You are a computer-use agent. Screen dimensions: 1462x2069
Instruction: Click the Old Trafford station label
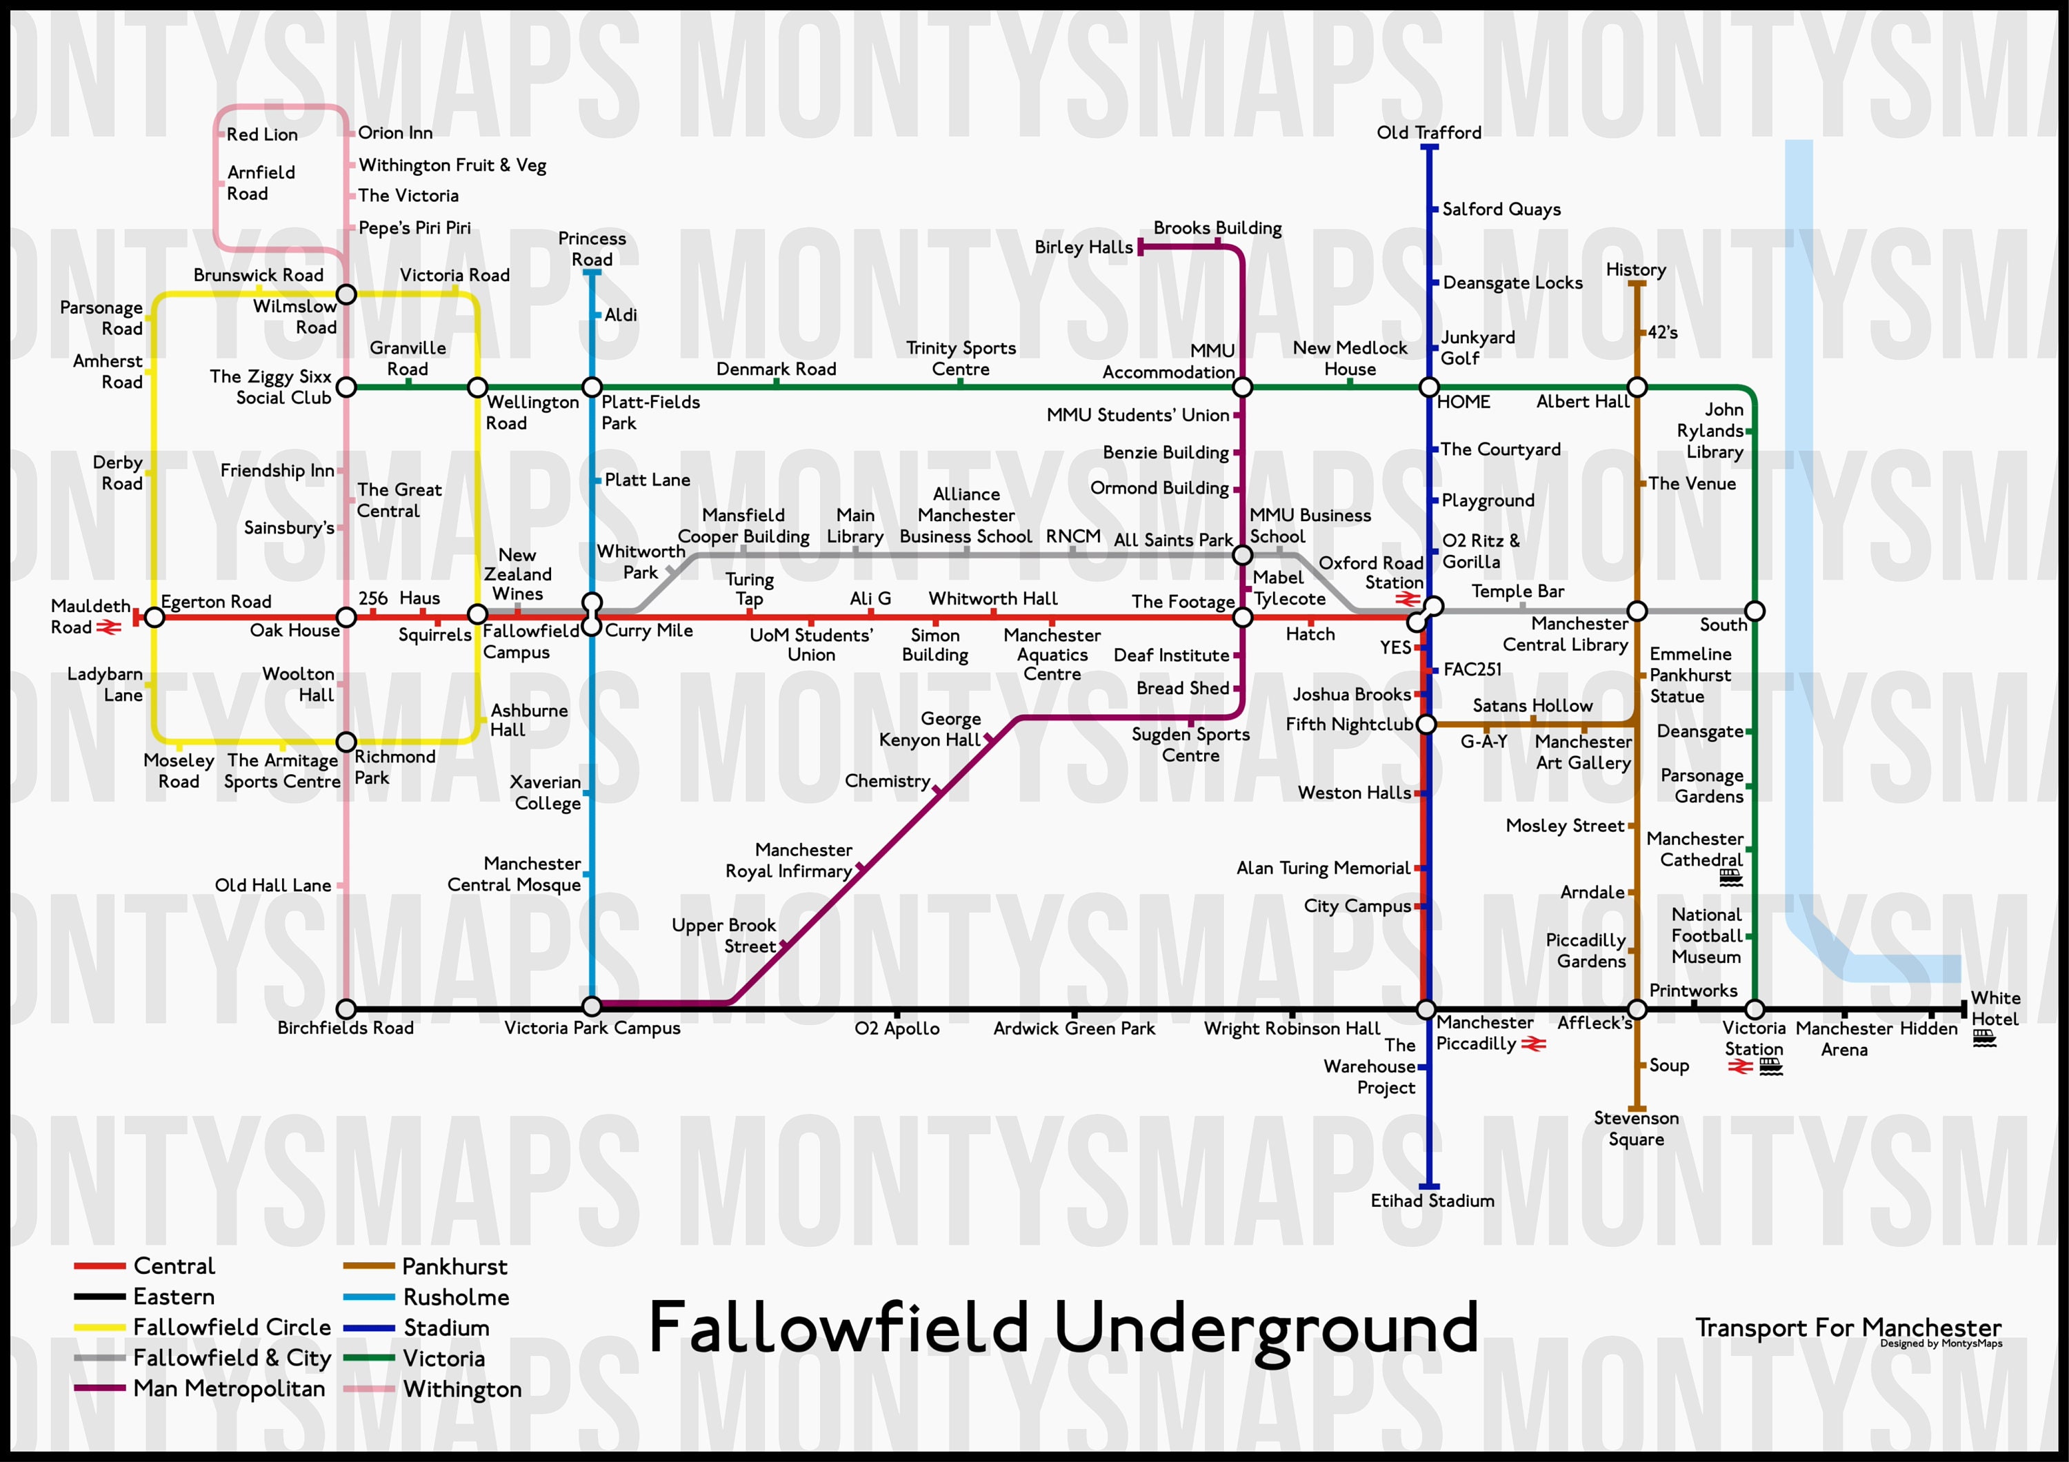(1428, 132)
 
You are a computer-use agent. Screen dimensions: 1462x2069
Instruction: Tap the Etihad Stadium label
(1432, 1201)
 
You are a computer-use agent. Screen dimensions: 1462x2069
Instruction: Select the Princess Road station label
(591, 249)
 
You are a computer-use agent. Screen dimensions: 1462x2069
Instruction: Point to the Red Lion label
(261, 134)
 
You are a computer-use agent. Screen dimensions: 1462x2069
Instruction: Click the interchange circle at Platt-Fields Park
(591, 387)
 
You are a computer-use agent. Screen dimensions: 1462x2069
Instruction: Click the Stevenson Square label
(1636, 1128)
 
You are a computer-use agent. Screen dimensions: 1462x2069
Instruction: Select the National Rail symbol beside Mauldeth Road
(109, 627)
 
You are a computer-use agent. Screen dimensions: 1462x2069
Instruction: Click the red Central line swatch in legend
(99, 1266)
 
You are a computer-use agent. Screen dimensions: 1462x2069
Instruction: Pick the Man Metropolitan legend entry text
(229, 1389)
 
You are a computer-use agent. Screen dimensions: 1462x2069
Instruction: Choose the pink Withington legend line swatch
(368, 1389)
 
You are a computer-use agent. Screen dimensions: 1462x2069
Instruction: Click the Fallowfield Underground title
(1063, 1329)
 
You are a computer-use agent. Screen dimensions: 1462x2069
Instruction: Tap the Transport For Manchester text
(1848, 1328)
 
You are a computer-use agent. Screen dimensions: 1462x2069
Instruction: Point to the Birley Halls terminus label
(1083, 247)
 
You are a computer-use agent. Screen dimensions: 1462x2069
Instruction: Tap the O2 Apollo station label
(897, 1028)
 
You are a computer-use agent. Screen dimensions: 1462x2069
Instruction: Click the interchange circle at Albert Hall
(1637, 387)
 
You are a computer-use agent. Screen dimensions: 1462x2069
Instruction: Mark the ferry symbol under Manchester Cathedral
(1730, 877)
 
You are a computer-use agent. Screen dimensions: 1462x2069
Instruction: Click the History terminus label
(1636, 270)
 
